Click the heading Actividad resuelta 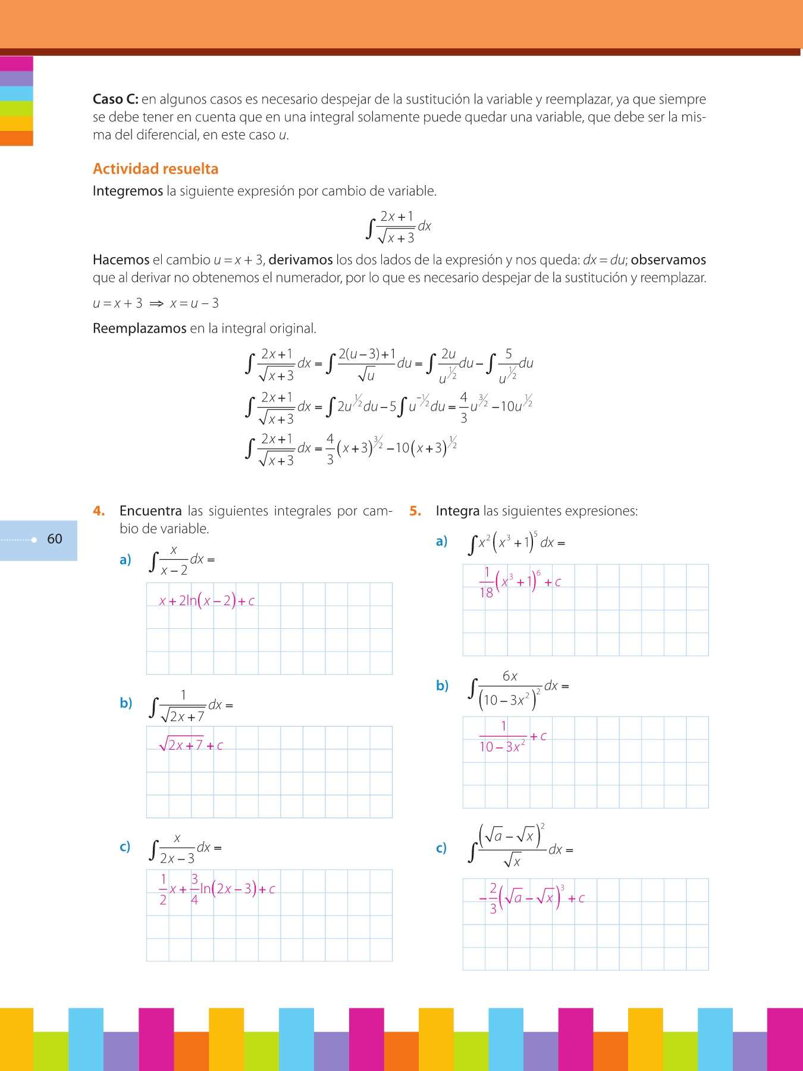pyautogui.click(x=155, y=169)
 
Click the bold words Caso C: pyautogui.click(x=115, y=99)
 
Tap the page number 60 pyautogui.click(x=55, y=539)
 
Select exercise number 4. pyautogui.click(x=99, y=511)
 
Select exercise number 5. pyautogui.click(x=415, y=511)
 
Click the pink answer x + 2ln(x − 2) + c pyautogui.click(x=206, y=601)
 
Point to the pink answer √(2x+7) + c pyautogui.click(x=191, y=745)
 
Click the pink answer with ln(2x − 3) pyautogui.click(x=217, y=889)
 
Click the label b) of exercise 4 pyautogui.click(x=126, y=703)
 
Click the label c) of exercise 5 pyautogui.click(x=441, y=848)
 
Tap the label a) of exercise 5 pyautogui.click(x=441, y=541)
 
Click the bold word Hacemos pyautogui.click(x=121, y=260)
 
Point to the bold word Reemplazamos pyautogui.click(x=139, y=328)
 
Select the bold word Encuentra pyautogui.click(x=150, y=511)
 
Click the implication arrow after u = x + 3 pyautogui.click(x=156, y=303)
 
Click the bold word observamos pyautogui.click(x=668, y=260)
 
